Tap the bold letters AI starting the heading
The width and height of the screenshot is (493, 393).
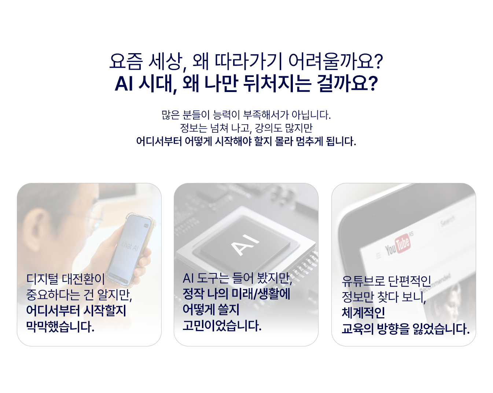(x=124, y=84)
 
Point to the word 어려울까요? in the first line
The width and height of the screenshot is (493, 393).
(x=335, y=62)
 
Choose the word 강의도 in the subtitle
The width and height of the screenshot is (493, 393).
(x=273, y=128)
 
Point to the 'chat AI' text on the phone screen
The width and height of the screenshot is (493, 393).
(x=130, y=246)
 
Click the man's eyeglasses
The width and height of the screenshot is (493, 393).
(x=96, y=216)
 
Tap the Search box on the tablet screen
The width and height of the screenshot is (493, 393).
(x=448, y=221)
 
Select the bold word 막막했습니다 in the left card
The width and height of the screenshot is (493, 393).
(x=60, y=326)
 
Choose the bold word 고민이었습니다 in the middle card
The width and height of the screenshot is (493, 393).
(x=222, y=326)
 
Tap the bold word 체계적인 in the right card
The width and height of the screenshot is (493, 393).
(x=363, y=313)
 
